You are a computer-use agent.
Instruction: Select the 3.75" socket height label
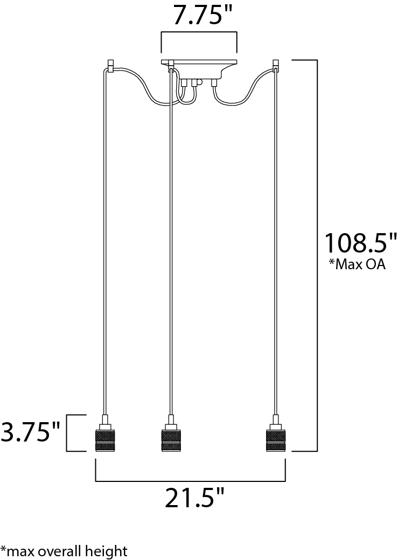tap(30, 431)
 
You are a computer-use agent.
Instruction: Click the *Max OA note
tap(357, 264)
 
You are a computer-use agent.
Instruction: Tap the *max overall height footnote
tap(64, 551)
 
